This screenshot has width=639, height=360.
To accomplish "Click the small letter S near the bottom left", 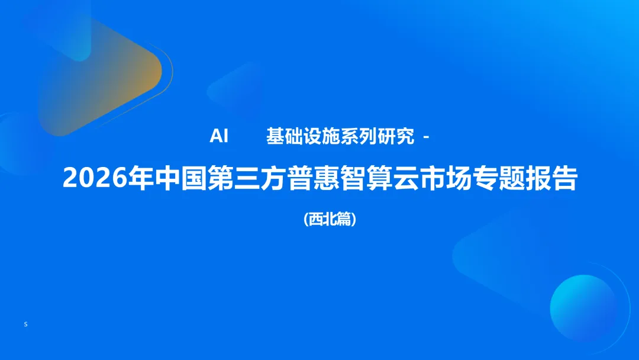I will point(26,324).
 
